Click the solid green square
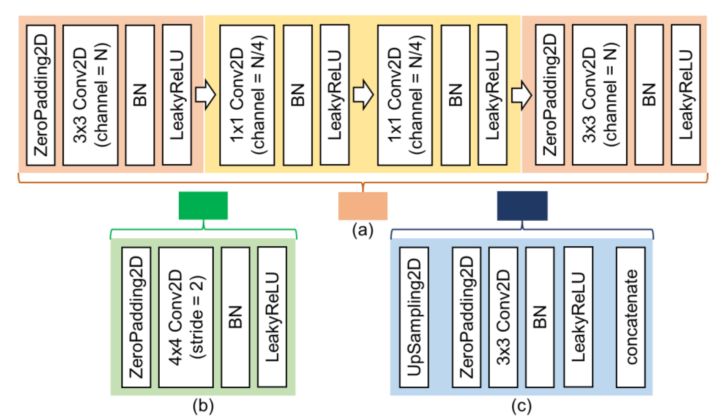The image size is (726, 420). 203,205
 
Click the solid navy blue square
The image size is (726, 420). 522,205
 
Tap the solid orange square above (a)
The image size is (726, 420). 363,206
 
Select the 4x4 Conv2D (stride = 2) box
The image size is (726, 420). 186,317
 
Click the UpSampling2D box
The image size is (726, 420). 414,317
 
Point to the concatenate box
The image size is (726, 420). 630,317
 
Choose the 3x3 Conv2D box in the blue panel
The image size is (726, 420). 503,317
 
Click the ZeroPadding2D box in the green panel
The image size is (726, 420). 136,317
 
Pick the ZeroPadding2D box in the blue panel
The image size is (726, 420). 466,317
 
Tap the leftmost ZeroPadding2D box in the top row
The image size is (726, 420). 41,95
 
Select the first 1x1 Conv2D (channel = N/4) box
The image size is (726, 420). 247,95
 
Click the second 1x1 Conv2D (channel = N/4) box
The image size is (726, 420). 405,95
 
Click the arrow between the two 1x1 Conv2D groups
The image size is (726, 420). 363,95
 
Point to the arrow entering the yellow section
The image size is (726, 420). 205,95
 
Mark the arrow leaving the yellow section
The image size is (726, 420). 521,95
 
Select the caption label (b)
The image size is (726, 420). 203,406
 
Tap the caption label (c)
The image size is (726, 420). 521,406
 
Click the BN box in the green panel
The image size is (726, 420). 235,317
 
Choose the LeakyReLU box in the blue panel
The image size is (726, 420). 578,317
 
